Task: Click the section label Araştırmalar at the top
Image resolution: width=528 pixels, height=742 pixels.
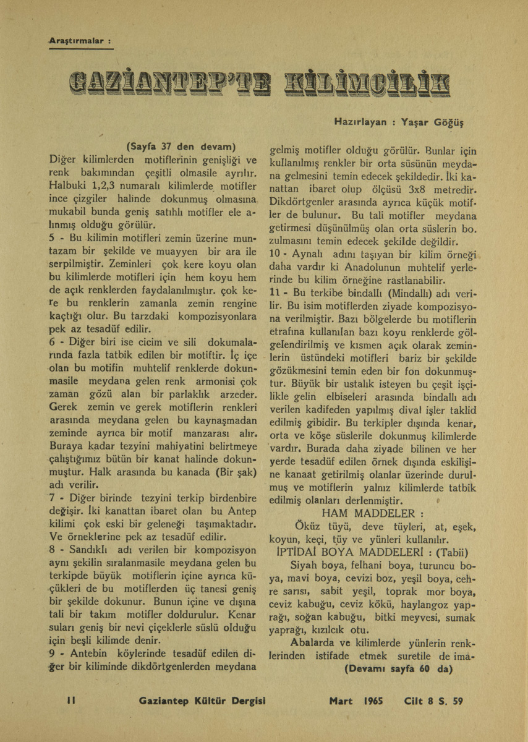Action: (79, 41)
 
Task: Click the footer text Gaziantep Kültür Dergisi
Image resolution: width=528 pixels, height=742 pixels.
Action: (202, 701)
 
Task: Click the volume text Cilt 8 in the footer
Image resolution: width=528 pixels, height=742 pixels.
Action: (418, 701)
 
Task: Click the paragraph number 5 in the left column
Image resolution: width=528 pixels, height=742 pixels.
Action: (52, 239)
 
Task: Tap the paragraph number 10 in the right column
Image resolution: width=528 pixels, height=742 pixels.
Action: (276, 257)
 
